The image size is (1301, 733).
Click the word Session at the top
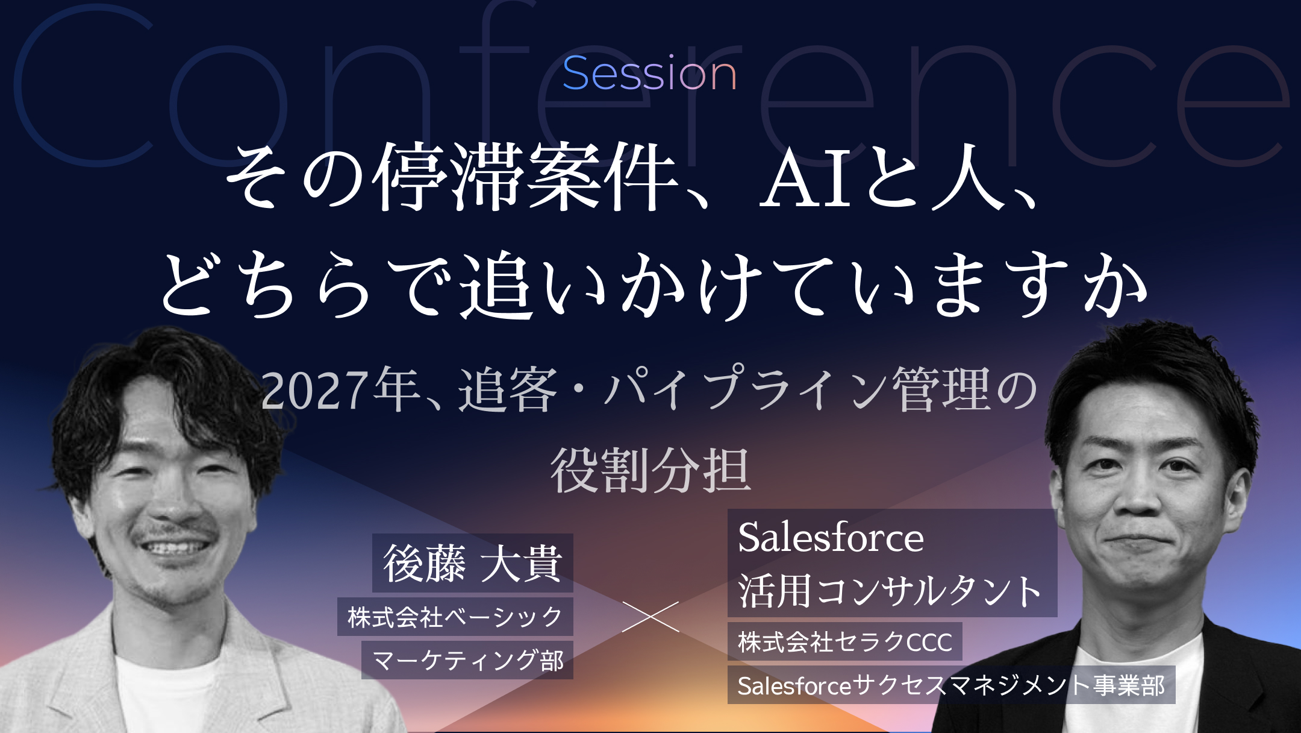(649, 74)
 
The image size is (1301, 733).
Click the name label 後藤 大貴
(473, 564)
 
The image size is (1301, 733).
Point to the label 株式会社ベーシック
(455, 617)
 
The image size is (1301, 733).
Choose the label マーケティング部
(467, 660)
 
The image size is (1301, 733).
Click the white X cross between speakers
(650, 616)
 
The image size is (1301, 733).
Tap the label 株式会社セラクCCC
(844, 641)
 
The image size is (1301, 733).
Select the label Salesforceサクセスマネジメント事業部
(951, 685)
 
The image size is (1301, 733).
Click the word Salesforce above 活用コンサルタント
(831, 537)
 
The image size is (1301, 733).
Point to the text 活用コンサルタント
(890, 591)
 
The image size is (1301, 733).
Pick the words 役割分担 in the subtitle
(650, 471)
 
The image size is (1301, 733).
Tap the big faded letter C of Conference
(84, 84)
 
